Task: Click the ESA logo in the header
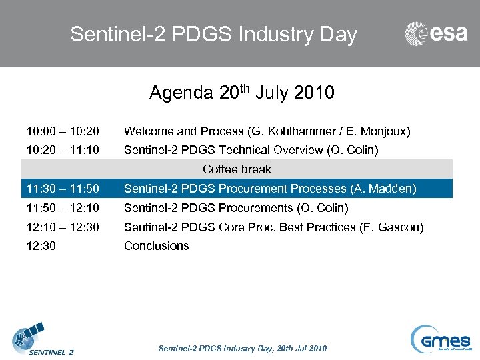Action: pyautogui.click(x=436, y=34)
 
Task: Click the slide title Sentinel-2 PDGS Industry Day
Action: pyautogui.click(x=213, y=35)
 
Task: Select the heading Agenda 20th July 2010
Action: pyautogui.click(x=241, y=93)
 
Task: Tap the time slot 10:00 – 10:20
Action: pyautogui.click(x=63, y=132)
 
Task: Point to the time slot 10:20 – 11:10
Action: pyautogui.click(x=63, y=151)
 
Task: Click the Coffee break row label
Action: pyautogui.click(x=237, y=169)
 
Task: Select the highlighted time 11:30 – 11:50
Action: pyautogui.click(x=63, y=189)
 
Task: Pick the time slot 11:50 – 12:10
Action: pyautogui.click(x=63, y=208)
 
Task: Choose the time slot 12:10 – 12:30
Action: pyautogui.click(x=63, y=227)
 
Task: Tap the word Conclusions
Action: pyautogui.click(x=157, y=246)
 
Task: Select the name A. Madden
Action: pyautogui.click(x=389, y=189)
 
